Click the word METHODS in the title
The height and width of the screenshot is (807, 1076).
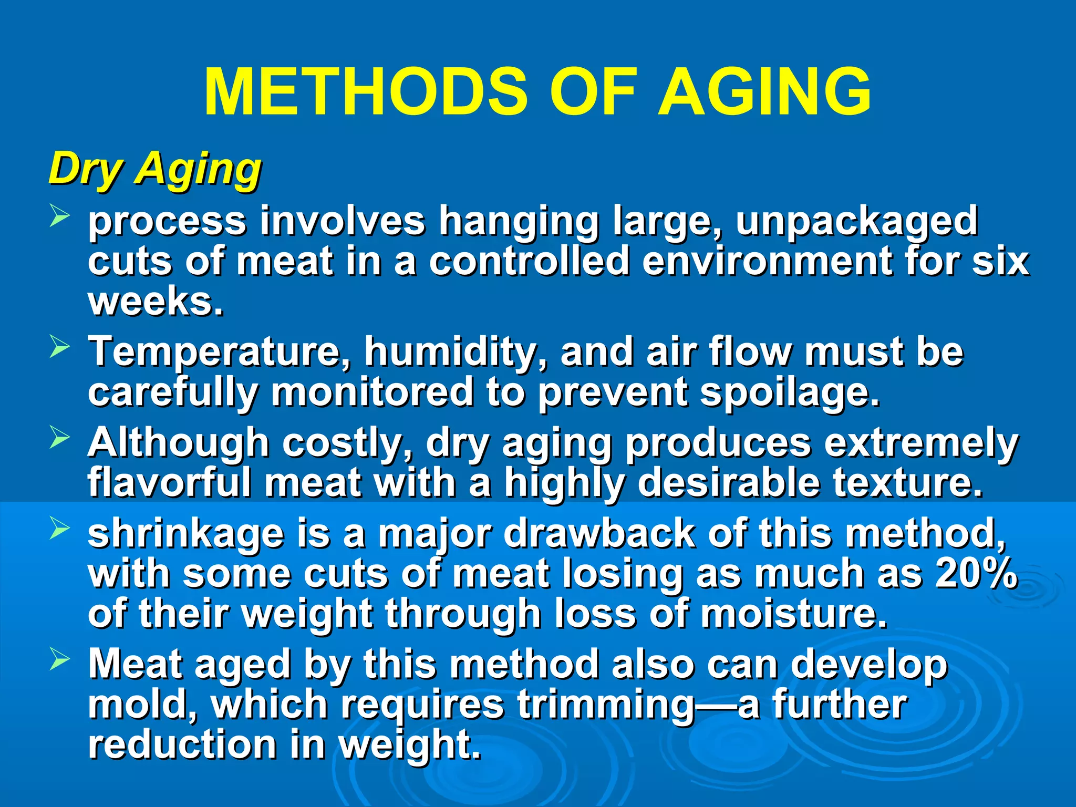366,92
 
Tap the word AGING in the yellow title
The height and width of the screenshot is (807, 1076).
764,92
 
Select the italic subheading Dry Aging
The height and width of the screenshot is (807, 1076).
155,169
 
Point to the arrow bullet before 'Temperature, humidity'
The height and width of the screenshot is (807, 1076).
59,347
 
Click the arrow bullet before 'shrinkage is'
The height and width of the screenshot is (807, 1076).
59,528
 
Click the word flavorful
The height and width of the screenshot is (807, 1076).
170,483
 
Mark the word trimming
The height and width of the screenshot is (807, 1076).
606,706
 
